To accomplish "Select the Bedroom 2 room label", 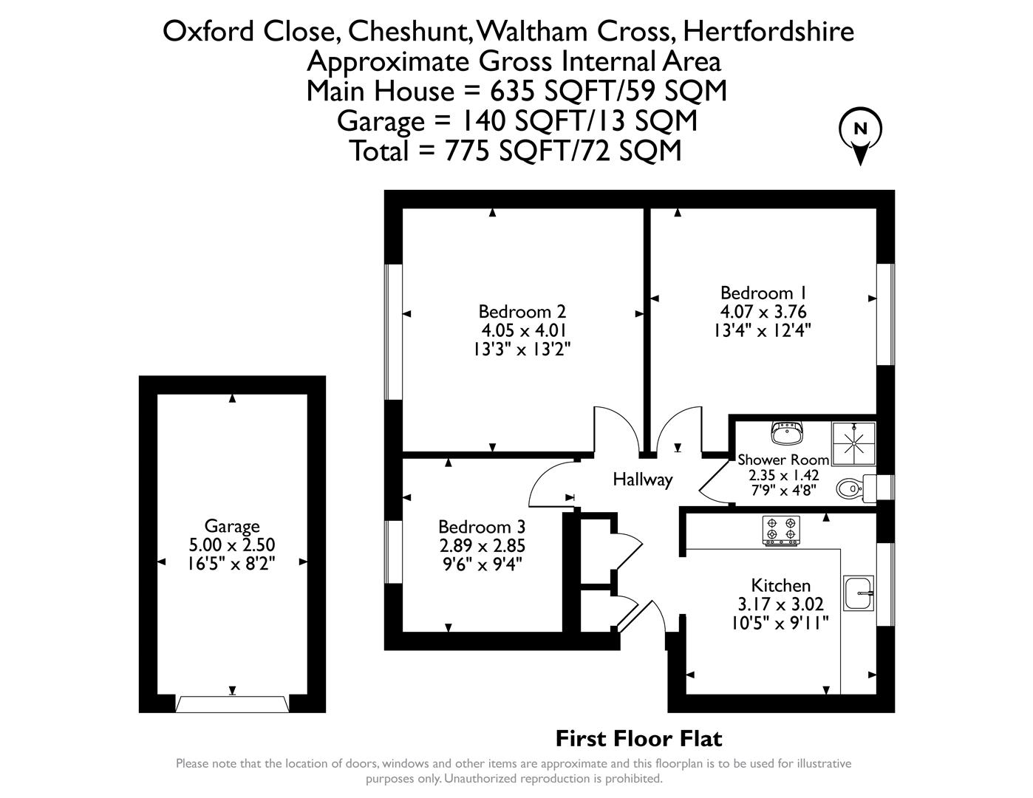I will pyautogui.click(x=522, y=312).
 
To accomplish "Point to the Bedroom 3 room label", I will pyautogui.click(x=481, y=527).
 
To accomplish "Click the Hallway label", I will pyautogui.click(x=642, y=480).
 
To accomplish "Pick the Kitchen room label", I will pyautogui.click(x=780, y=585).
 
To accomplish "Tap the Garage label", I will pyautogui.click(x=232, y=526).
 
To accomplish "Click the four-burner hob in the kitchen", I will pyautogui.click(x=781, y=531).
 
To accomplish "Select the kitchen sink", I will pyautogui.click(x=859, y=593).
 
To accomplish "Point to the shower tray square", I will pyautogui.click(x=853, y=444).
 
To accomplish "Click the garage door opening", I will pyautogui.click(x=232, y=703).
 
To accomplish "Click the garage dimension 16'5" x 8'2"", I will pyautogui.click(x=232, y=563).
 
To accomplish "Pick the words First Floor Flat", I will pyautogui.click(x=638, y=738).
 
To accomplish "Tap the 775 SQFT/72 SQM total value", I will pyautogui.click(x=563, y=151).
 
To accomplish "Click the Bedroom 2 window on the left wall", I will pyautogui.click(x=394, y=332).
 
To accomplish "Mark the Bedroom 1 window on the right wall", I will pyautogui.click(x=885, y=314).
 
